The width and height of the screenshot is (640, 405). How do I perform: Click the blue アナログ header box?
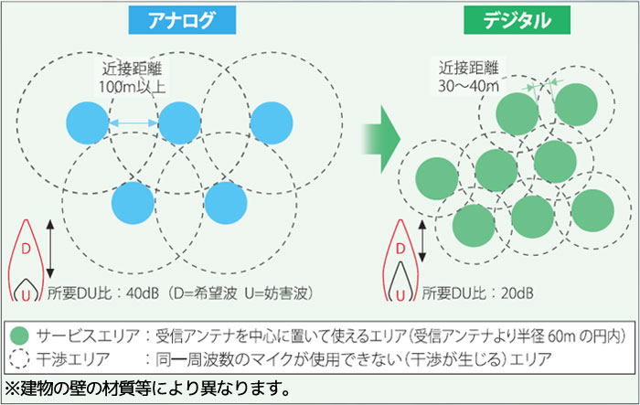(x=182, y=20)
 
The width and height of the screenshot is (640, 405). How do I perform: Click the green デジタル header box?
(x=517, y=20)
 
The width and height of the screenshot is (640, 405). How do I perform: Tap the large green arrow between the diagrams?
(x=381, y=139)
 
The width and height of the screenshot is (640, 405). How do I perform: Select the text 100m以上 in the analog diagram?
(x=132, y=87)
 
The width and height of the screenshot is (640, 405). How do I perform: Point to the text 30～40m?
(x=468, y=86)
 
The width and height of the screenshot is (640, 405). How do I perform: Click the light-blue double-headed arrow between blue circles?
(x=133, y=123)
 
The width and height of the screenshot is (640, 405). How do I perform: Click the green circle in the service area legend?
(x=19, y=336)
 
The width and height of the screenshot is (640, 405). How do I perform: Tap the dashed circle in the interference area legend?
(x=19, y=359)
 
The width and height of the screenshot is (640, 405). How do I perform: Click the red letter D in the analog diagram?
(x=26, y=249)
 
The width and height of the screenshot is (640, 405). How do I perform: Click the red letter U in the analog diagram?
(x=26, y=294)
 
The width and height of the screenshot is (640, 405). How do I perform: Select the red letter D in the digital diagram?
(x=400, y=249)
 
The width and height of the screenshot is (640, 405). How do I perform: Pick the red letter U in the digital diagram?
(x=400, y=294)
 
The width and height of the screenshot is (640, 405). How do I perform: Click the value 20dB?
(x=517, y=293)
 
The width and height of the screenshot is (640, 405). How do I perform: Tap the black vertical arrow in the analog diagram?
(x=49, y=249)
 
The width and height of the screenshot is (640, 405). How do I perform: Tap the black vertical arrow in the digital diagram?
(x=422, y=240)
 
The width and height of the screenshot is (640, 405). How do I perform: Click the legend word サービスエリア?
(x=88, y=336)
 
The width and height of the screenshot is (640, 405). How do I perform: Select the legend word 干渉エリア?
(x=73, y=359)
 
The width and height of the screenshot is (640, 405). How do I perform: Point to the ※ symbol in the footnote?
(x=13, y=389)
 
